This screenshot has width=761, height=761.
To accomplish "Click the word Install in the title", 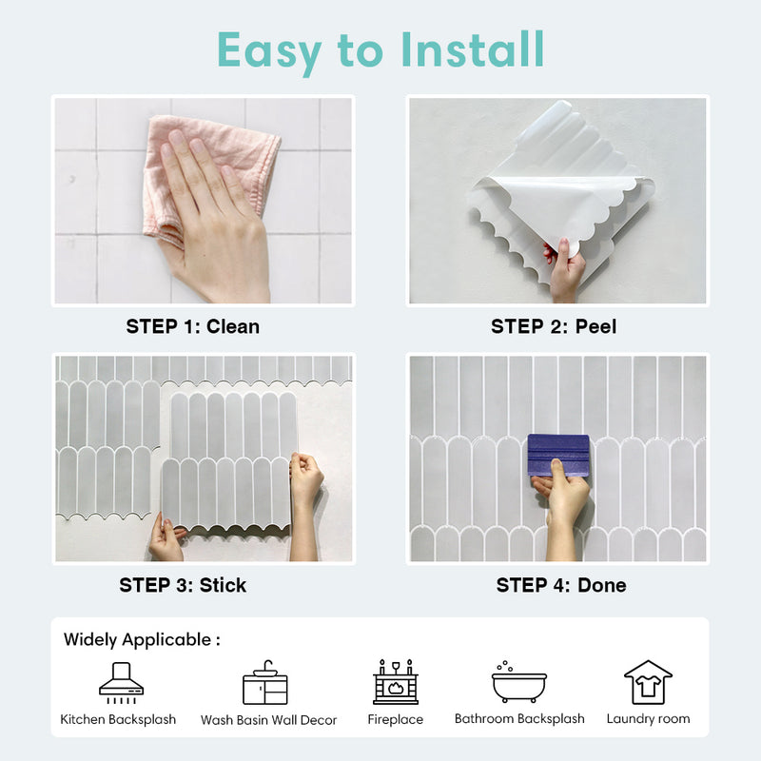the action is tap(473, 49).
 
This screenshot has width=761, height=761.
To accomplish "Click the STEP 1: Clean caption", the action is tap(193, 326).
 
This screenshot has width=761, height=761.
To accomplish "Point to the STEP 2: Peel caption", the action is tap(554, 326).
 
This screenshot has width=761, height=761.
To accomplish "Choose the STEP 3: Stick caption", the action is tap(183, 585).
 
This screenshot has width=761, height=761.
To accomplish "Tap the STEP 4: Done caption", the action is tap(561, 585).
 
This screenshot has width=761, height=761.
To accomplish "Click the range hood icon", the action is tap(122, 683).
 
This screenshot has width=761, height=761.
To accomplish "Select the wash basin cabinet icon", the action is tap(265, 682).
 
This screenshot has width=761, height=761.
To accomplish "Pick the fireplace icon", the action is tap(396, 682).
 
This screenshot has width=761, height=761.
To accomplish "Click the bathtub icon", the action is tap(519, 682).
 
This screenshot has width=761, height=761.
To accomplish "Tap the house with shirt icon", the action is tap(648, 682).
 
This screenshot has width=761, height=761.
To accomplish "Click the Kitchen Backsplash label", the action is tap(118, 719).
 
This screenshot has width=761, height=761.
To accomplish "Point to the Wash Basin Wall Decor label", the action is tap(268, 720).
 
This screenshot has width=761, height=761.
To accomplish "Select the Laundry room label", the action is tap(648, 719).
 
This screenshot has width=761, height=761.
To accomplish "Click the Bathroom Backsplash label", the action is tap(519, 719).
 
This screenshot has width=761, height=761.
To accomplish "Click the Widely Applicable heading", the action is tap(142, 639).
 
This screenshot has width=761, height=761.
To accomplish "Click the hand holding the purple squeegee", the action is tap(563, 510).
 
